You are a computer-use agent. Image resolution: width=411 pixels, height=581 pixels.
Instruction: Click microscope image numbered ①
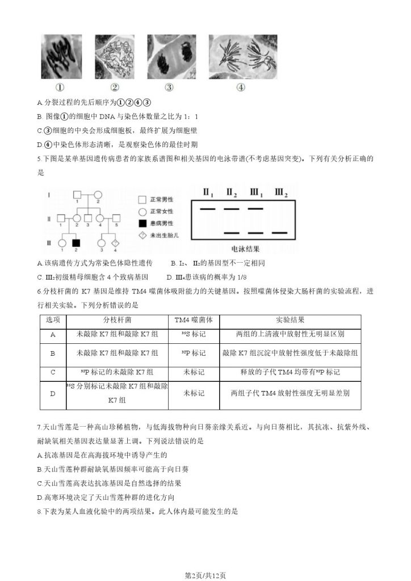click(60, 56)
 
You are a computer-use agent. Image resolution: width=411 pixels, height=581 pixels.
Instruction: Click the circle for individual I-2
click(97, 193)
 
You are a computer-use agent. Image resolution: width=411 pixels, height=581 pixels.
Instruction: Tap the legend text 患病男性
click(161, 222)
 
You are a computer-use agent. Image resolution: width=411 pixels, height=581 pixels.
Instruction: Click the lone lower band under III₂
click(279, 233)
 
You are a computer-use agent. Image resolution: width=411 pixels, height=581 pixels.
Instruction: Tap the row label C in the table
click(53, 372)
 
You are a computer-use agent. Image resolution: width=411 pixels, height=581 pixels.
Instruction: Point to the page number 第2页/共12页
click(205, 575)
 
